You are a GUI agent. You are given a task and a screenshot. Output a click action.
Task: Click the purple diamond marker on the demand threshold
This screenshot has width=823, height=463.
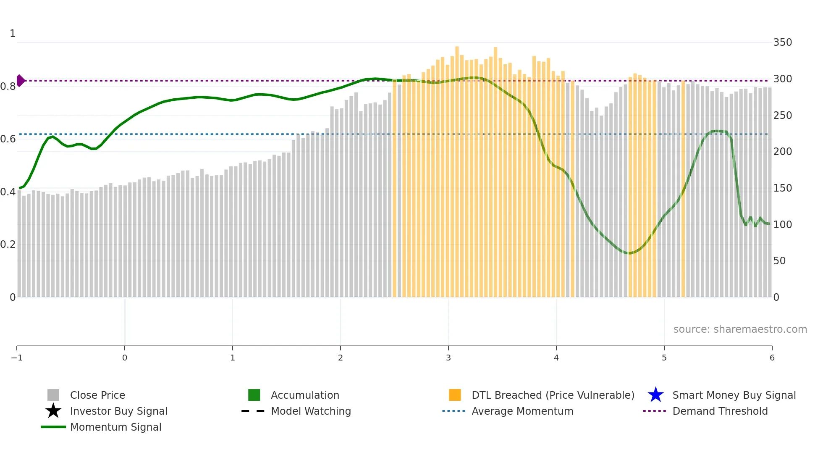pyautogui.click(x=21, y=80)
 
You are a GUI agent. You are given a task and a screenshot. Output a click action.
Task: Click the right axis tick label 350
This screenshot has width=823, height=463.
pyautogui.click(x=782, y=42)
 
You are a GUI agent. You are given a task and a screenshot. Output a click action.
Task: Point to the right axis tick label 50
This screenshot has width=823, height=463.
pyautogui.click(x=779, y=261)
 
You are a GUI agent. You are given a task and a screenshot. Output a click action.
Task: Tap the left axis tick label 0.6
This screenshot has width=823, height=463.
pyautogui.click(x=8, y=139)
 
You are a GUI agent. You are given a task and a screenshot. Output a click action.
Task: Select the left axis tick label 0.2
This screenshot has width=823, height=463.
pyautogui.click(x=8, y=245)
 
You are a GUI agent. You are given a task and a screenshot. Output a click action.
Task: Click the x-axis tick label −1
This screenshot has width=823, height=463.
pyautogui.click(x=17, y=358)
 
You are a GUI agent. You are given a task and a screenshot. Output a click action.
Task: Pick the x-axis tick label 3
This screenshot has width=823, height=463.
pyautogui.click(x=448, y=358)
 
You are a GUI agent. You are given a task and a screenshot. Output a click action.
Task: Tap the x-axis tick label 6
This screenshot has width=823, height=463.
pyautogui.click(x=772, y=358)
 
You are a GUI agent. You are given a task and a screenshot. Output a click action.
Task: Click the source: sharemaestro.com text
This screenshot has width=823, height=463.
pyautogui.click(x=740, y=329)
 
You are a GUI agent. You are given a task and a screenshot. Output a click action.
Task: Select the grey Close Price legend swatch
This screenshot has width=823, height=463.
pyautogui.click(x=53, y=395)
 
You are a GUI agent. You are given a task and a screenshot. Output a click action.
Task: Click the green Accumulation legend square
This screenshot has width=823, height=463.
pyautogui.click(x=254, y=395)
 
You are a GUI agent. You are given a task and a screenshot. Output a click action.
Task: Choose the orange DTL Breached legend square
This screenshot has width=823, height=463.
pyautogui.click(x=455, y=395)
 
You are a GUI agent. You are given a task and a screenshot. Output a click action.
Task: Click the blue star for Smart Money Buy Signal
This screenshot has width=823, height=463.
pyautogui.click(x=655, y=395)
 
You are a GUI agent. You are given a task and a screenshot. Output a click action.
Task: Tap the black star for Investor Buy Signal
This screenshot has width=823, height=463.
pyautogui.click(x=53, y=411)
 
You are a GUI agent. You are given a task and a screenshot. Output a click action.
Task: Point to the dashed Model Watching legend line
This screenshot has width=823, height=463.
pyautogui.click(x=253, y=411)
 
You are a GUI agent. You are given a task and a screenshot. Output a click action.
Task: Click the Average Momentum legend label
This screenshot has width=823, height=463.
pyautogui.click(x=522, y=411)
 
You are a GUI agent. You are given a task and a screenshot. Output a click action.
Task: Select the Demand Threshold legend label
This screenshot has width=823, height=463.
pyautogui.click(x=720, y=411)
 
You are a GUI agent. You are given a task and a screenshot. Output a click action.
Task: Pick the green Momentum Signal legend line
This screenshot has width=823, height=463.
pyautogui.click(x=53, y=427)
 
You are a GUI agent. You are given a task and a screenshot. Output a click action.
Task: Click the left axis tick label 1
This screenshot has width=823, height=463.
pyautogui.click(x=13, y=34)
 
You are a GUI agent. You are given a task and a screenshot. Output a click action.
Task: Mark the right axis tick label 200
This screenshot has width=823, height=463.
pyautogui.click(x=782, y=152)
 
